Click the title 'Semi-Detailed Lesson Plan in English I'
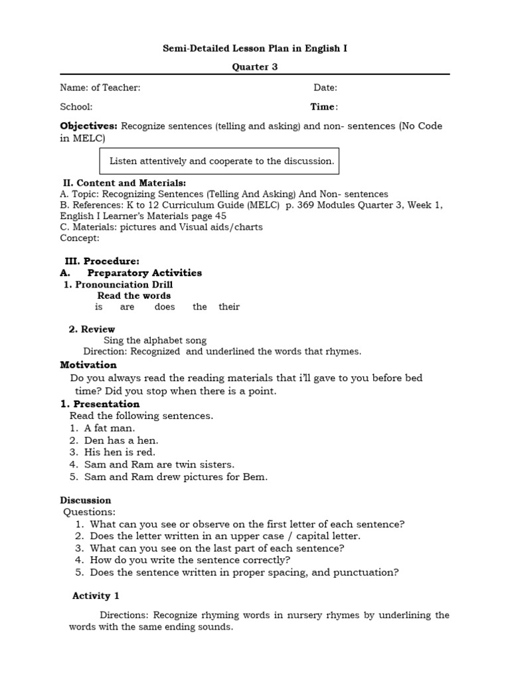coord(255,48)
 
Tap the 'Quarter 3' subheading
coord(255,66)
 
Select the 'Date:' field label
coord(325,88)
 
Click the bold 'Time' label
coord(323,107)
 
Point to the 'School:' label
coord(76,107)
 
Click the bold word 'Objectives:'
coord(88,126)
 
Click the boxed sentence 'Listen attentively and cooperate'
coord(221,161)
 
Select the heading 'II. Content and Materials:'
coord(124,183)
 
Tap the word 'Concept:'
coord(80,238)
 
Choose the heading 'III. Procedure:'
coord(102,261)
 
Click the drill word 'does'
coord(165,307)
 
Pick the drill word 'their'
coord(229,307)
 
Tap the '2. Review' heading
coord(92,329)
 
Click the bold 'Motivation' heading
coord(88,365)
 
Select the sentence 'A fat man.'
coord(110,428)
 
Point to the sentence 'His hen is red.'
coord(120,452)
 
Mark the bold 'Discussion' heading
coord(86,500)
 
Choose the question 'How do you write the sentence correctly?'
coord(181,560)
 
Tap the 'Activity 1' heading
coord(96,596)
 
